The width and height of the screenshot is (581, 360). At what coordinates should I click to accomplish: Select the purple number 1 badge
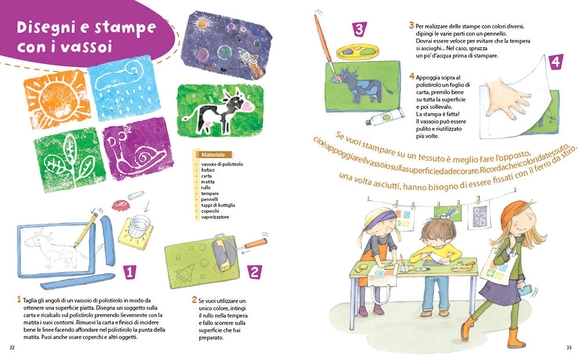(x=130, y=271)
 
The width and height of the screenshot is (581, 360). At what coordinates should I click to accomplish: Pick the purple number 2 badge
(x=254, y=271)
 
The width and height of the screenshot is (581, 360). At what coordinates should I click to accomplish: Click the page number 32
(x=12, y=348)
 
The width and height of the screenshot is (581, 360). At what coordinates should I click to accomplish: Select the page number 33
(x=568, y=348)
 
